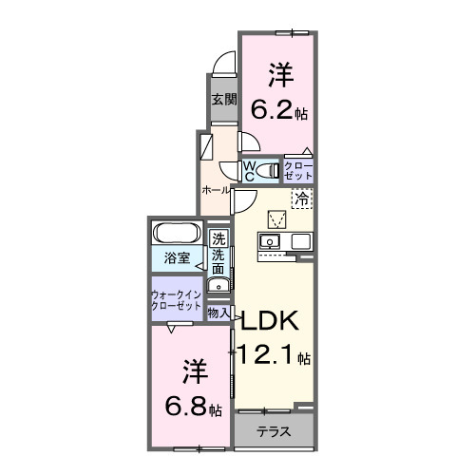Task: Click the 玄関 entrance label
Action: click(x=222, y=99)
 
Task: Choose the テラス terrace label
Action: click(x=274, y=431)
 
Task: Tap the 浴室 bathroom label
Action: click(x=177, y=257)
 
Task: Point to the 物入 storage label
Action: click(x=218, y=312)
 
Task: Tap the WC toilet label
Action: click(x=250, y=171)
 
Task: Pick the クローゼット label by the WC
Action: click(x=297, y=172)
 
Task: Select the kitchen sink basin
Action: click(x=270, y=242)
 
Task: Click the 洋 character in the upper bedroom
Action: click(x=277, y=74)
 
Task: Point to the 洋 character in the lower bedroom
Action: click(x=193, y=369)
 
